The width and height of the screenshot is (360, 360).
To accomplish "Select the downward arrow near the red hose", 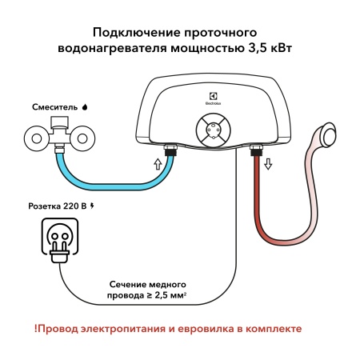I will [x=268, y=164].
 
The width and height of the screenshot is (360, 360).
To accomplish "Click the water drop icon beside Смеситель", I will [x=86, y=105].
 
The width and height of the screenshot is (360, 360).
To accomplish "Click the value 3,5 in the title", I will [x=253, y=47].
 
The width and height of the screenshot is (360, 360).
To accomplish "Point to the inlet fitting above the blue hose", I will [x=170, y=148].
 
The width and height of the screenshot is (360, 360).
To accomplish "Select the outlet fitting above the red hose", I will [x=258, y=149].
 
